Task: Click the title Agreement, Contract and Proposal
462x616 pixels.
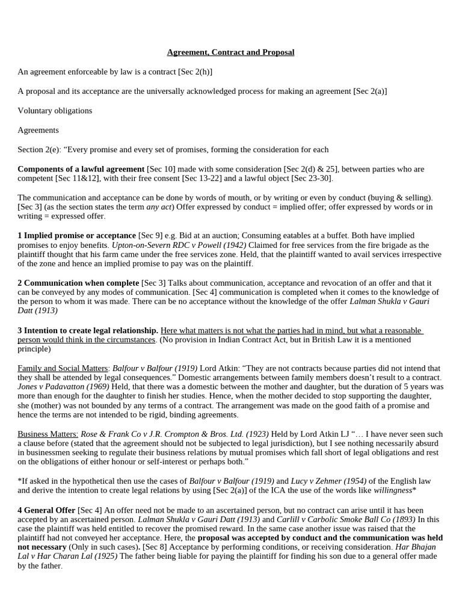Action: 231,52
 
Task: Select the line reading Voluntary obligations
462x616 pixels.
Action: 55,111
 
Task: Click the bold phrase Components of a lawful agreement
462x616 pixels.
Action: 81,169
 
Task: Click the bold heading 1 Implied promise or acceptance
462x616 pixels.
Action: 76,235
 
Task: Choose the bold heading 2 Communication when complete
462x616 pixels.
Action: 78,282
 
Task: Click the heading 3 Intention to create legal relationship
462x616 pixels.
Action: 88,330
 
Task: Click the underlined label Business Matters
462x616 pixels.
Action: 48,434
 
